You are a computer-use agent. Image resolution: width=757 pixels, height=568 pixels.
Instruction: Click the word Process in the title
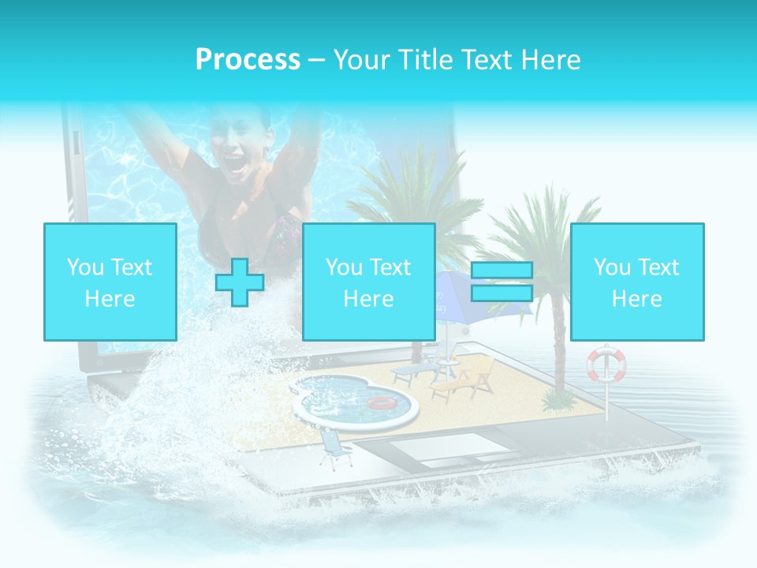pyautogui.click(x=248, y=59)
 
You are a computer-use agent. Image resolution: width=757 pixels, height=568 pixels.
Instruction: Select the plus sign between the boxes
pyautogui.click(x=240, y=282)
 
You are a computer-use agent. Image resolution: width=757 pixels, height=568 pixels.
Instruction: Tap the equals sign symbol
pyautogui.click(x=502, y=282)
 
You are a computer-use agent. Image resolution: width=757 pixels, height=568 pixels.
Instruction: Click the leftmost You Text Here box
pyautogui.click(x=110, y=282)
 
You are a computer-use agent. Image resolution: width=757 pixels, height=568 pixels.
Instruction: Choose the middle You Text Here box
pyautogui.click(x=368, y=282)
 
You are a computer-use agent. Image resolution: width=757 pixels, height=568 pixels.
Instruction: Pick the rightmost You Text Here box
pyautogui.click(x=636, y=282)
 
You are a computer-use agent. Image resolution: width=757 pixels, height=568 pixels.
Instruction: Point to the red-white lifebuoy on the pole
pyautogui.click(x=606, y=364)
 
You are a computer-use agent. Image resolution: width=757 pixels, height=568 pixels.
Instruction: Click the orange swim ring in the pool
pyautogui.click(x=382, y=403)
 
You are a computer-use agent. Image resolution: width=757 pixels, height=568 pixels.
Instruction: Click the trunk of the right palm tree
pyautogui.click(x=561, y=347)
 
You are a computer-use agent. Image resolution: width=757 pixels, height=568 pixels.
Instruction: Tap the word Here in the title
pyautogui.click(x=550, y=59)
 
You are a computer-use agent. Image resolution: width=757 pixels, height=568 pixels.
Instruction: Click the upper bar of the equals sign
pyautogui.click(x=502, y=271)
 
